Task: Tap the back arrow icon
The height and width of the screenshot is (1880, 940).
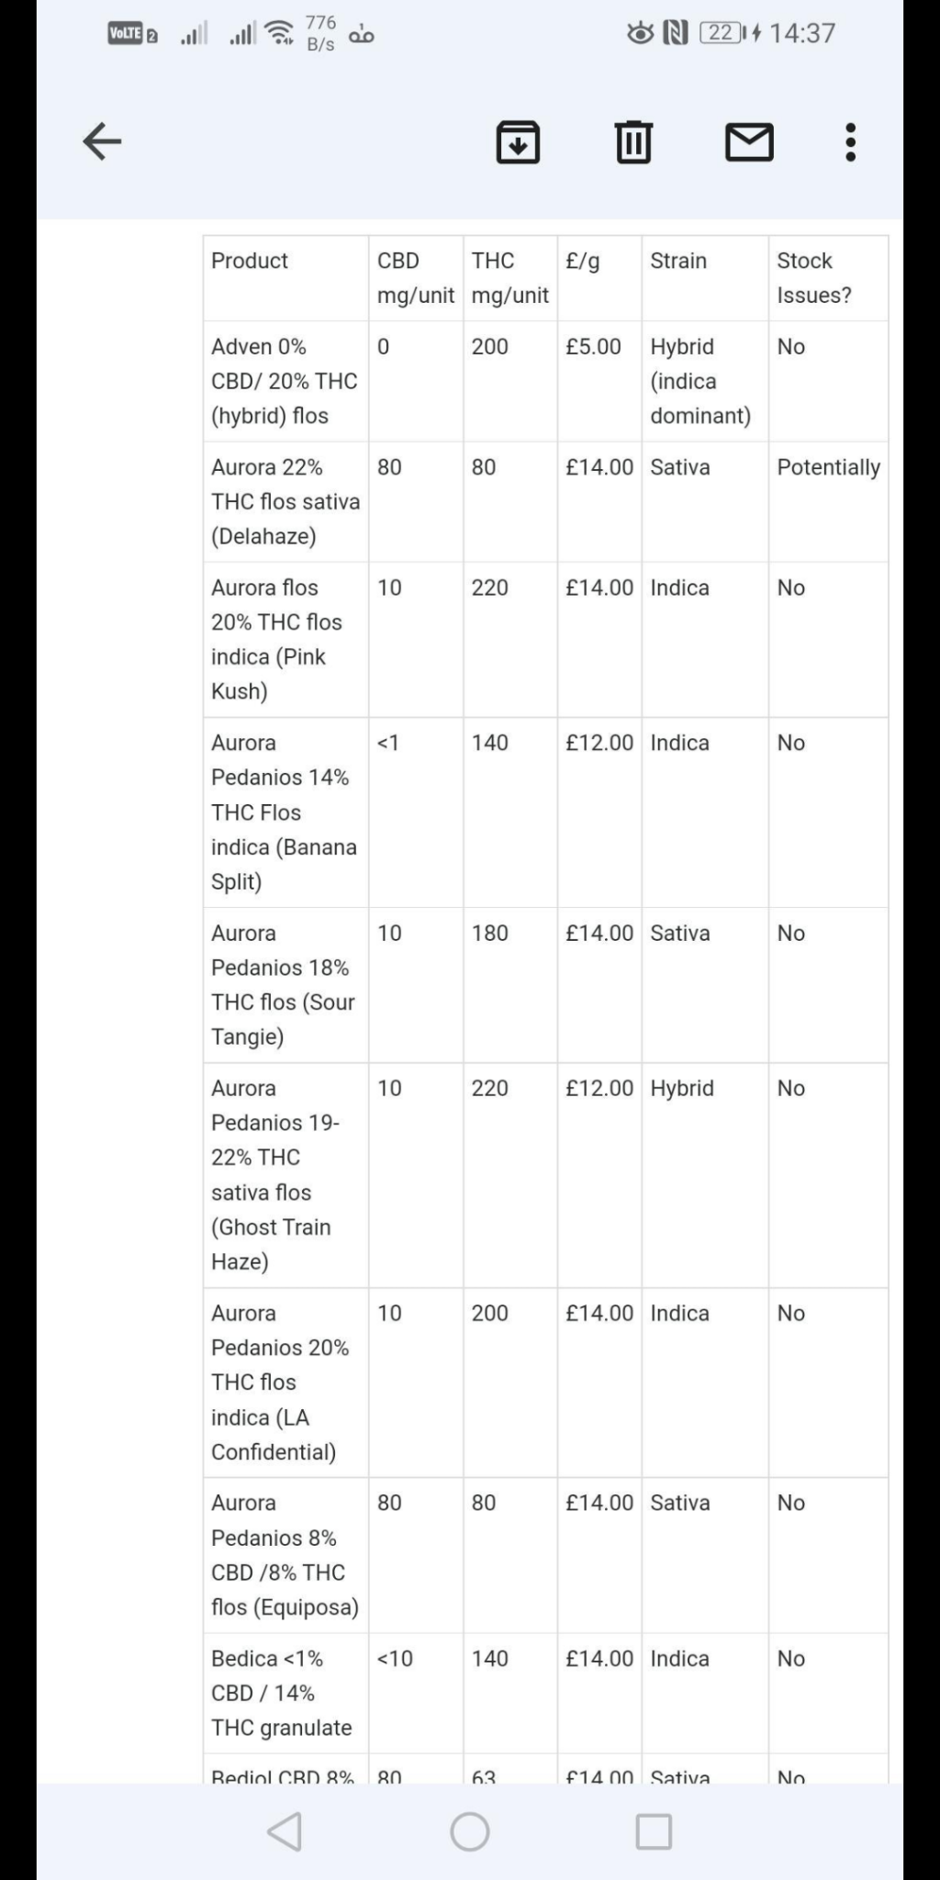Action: [x=102, y=141]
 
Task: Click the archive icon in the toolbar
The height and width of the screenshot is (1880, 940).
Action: [x=518, y=142]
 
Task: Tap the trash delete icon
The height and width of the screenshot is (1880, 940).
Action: [x=633, y=142]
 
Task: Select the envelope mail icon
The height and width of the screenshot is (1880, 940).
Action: [x=749, y=142]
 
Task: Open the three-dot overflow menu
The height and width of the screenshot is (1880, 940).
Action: [x=851, y=142]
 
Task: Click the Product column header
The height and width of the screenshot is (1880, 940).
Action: [x=250, y=261]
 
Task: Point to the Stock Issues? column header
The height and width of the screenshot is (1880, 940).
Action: [x=813, y=277]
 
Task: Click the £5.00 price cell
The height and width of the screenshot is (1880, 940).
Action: [x=593, y=347]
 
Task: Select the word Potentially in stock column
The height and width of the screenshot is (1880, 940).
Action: [x=828, y=467]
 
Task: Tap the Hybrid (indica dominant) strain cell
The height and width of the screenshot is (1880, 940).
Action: [x=699, y=381]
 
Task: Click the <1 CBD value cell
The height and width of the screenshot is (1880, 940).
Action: [x=388, y=743]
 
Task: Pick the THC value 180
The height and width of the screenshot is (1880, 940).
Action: [x=489, y=933]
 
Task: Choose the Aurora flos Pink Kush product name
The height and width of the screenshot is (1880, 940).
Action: [x=275, y=639]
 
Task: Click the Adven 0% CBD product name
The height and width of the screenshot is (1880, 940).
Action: [x=283, y=381]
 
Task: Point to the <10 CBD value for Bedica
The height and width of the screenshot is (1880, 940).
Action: [x=395, y=1658]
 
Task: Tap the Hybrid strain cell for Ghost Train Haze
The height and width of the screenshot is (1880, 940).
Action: [x=681, y=1088]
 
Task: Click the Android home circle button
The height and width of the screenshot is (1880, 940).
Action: [x=470, y=1831]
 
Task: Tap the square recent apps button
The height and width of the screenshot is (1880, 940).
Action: [x=654, y=1831]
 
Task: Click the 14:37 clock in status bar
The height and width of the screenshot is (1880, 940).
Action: [x=802, y=34]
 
